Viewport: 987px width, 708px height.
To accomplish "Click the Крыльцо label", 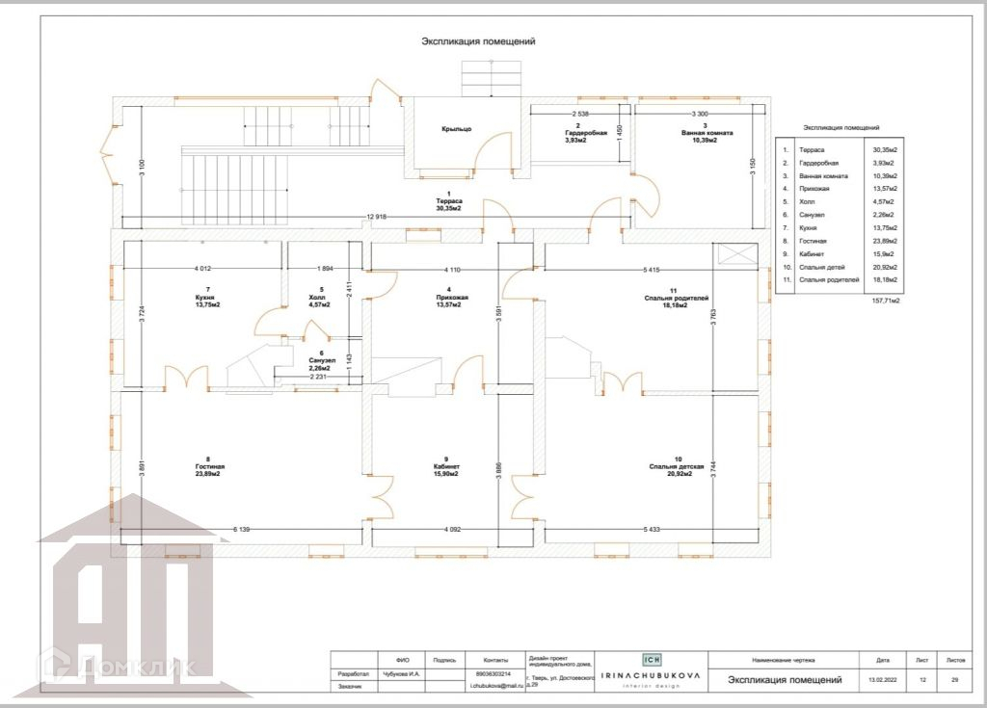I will (457, 129).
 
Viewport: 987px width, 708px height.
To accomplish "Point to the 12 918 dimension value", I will (376, 217).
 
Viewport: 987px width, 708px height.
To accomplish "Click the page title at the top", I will (478, 41).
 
